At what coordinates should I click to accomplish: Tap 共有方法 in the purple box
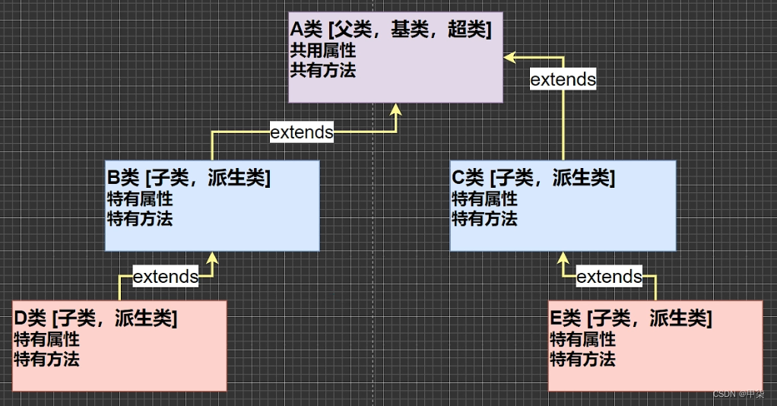click(323, 71)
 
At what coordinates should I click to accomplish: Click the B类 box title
click(189, 179)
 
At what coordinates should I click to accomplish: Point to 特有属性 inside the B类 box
click(140, 200)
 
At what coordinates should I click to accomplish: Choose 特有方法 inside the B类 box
click(140, 219)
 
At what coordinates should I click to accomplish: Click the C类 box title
click(533, 179)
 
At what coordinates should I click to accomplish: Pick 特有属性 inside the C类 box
click(485, 199)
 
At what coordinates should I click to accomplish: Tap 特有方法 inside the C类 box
click(485, 219)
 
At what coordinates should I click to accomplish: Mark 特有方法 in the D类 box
click(46, 359)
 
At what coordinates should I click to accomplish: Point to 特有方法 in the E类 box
click(582, 359)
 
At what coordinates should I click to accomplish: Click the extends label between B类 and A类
click(302, 132)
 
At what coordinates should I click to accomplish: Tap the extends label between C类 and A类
click(563, 79)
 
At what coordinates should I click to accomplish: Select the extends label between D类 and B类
click(166, 277)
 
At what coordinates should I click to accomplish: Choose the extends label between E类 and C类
click(609, 277)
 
